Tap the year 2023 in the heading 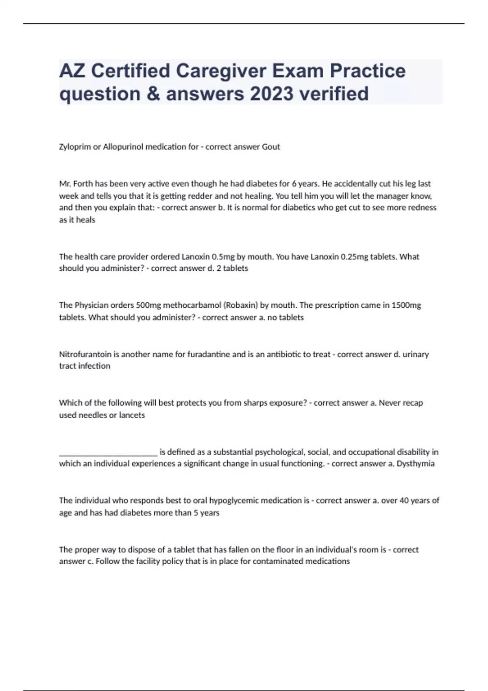[271, 93]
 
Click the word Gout [271, 147]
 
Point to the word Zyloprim [75, 147]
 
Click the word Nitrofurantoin [85, 354]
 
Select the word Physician [91, 305]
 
